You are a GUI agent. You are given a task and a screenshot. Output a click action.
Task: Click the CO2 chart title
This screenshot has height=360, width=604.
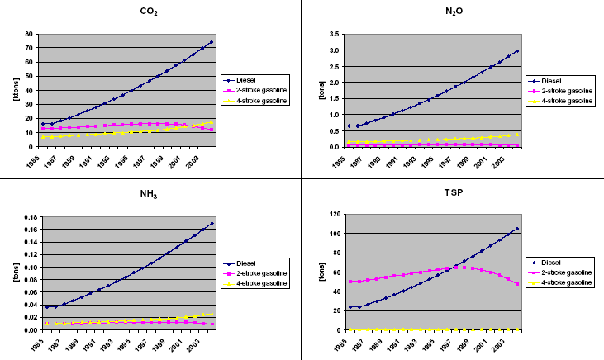click(x=150, y=12)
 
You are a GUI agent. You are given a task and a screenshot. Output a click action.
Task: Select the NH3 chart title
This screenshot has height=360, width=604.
click(x=150, y=192)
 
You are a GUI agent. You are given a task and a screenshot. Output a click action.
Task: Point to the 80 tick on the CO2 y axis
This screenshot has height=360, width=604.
click(x=29, y=35)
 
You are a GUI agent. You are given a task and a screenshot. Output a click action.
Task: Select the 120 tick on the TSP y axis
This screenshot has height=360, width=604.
click(x=331, y=214)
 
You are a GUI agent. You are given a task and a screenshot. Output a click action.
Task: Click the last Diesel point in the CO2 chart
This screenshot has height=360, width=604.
click(x=212, y=42)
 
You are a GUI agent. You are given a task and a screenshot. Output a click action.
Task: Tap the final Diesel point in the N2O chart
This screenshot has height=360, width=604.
click(x=517, y=50)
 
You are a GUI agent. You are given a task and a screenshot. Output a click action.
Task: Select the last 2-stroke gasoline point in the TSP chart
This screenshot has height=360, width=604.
click(x=517, y=284)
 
